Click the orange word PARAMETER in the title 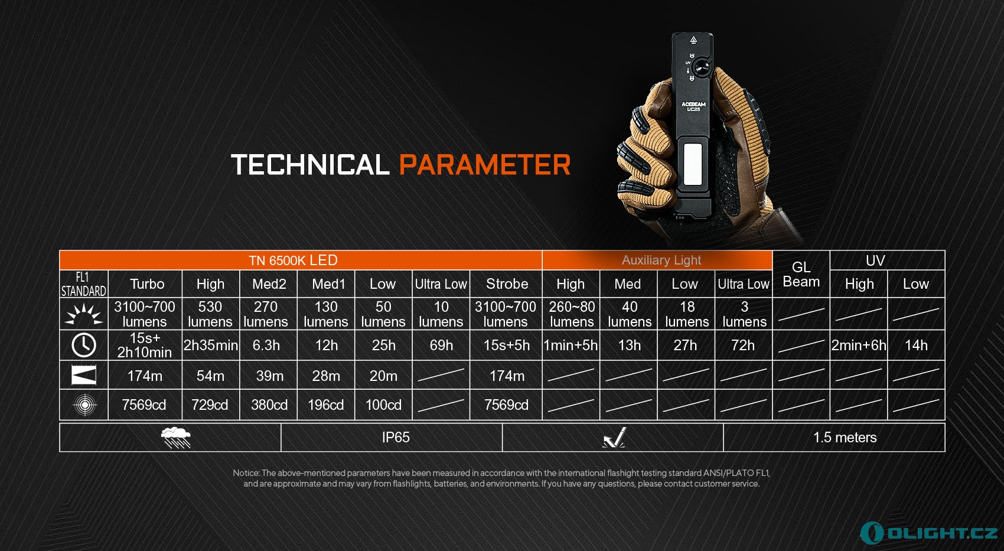484,164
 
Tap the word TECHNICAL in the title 310,164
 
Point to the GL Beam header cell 801,274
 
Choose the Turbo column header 147,284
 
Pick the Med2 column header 269,284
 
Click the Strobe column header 507,284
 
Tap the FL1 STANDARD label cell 83,284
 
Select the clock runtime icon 84,345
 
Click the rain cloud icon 176,438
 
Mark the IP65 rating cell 396,438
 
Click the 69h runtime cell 441,345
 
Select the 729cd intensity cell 210,405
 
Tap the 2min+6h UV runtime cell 859,345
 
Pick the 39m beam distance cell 269,376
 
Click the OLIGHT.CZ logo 929,533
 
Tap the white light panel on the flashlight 693,164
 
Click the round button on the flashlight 700,68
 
